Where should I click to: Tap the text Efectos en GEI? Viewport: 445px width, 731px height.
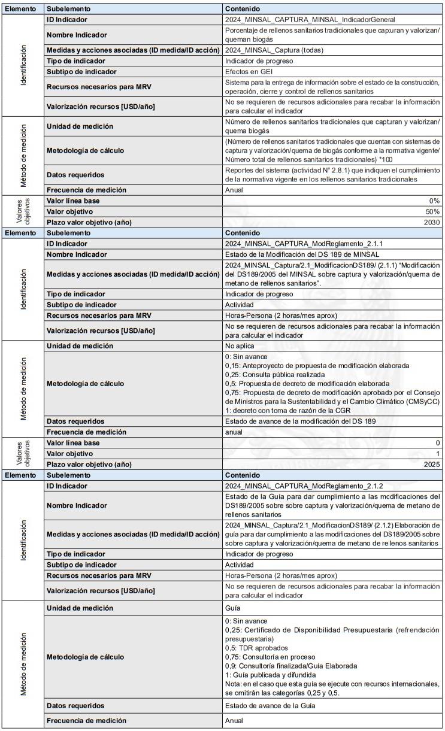(x=250, y=72)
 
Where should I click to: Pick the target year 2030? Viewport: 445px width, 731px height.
(x=431, y=222)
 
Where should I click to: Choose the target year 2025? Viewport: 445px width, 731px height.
(x=431, y=465)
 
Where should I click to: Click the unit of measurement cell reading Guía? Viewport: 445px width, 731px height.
(x=233, y=608)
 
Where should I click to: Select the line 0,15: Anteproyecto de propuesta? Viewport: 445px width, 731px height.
(x=317, y=365)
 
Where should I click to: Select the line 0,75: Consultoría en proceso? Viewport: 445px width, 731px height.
(x=270, y=656)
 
